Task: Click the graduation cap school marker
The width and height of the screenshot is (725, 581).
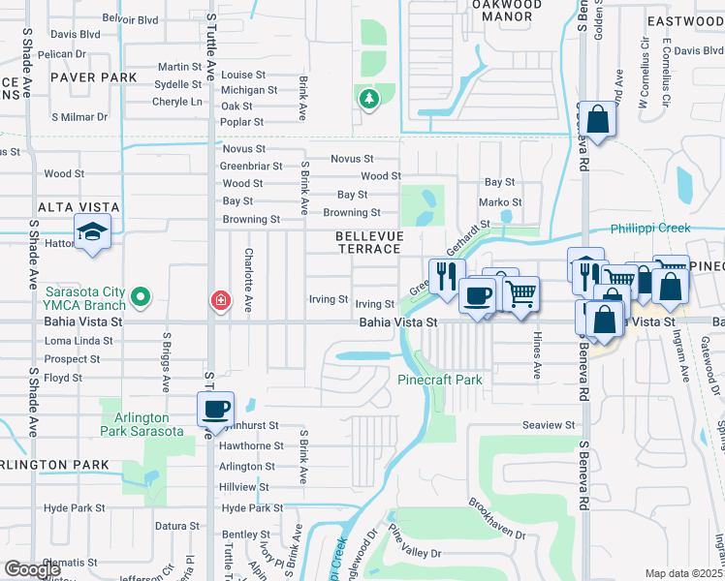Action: tap(93, 232)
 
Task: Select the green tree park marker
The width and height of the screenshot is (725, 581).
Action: tap(368, 98)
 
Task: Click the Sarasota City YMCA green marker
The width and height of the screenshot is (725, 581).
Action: tap(141, 296)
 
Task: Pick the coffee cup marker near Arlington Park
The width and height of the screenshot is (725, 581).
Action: tap(216, 408)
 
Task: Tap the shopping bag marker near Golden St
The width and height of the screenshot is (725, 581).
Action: tap(598, 121)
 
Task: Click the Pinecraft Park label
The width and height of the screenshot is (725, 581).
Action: tap(440, 380)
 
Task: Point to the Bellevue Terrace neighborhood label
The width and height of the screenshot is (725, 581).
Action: tap(368, 242)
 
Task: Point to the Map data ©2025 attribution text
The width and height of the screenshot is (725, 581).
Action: tap(683, 573)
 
